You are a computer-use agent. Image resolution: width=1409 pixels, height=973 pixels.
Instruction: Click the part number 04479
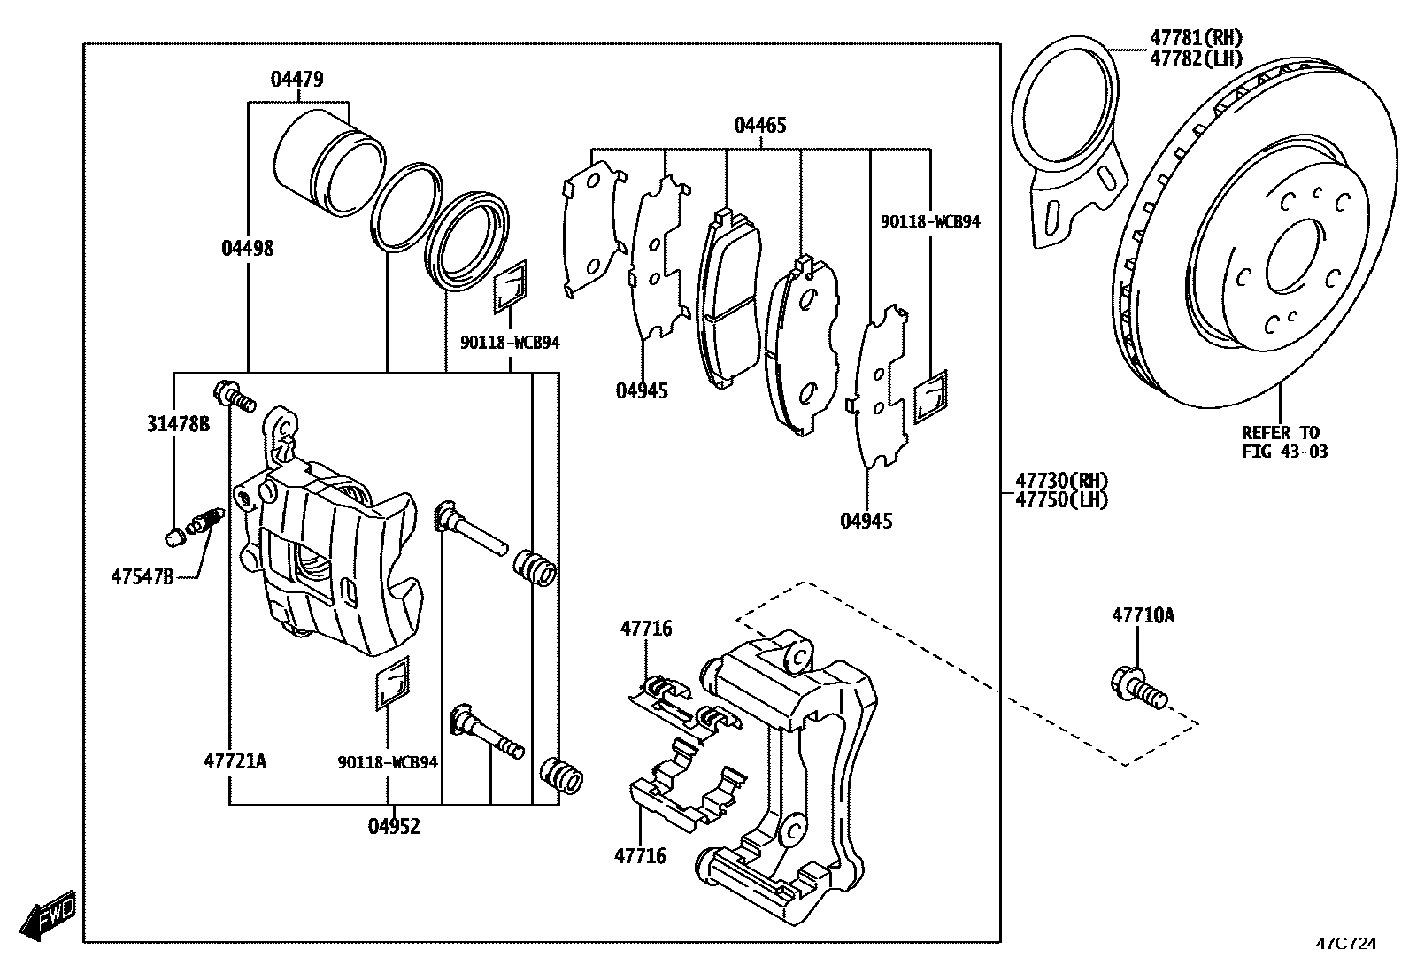point(296,80)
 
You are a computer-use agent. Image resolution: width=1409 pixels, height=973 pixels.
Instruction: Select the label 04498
point(248,249)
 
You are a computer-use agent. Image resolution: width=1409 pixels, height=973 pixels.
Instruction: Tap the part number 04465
point(759,126)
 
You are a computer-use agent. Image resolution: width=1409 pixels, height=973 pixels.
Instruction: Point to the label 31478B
point(178,424)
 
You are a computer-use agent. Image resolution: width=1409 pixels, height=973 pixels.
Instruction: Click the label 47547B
point(142,577)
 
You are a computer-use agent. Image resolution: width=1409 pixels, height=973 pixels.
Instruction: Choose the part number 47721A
point(235,761)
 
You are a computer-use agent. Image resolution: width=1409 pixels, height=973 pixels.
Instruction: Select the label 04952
point(394,827)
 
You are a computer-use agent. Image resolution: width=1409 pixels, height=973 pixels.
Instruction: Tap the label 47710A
point(1143,615)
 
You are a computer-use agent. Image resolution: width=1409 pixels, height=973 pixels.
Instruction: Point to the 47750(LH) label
point(1061,499)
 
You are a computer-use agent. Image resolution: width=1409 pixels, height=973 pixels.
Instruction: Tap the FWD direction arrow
point(50,914)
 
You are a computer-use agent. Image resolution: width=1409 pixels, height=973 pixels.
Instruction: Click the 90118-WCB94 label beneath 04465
point(930,222)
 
